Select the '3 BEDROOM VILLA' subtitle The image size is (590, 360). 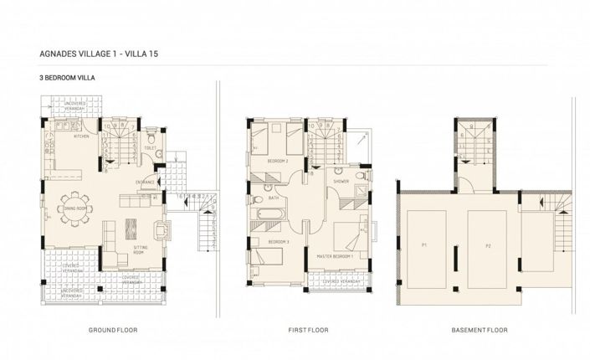tap(64, 77)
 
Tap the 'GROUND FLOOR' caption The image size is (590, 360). tap(112, 331)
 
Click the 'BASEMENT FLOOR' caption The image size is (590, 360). tap(480, 331)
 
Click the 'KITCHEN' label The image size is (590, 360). tap(81, 136)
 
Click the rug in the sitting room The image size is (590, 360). tap(131, 227)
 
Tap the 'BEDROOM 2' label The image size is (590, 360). tap(278, 160)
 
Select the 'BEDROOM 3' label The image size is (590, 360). tap(278, 241)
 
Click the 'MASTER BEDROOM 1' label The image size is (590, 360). tap(335, 256)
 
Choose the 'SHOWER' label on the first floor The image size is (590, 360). tap(341, 181)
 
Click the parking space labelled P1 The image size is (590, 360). tap(424, 245)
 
